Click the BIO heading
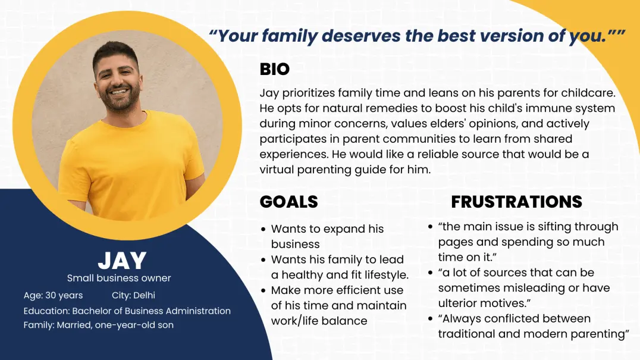pyautogui.click(x=275, y=69)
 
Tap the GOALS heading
pyautogui.click(x=289, y=202)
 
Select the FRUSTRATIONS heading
pyautogui.click(x=517, y=202)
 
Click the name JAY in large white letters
pyautogui.click(x=122, y=261)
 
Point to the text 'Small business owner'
pyautogui.click(x=119, y=278)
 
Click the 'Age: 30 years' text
pyautogui.click(x=53, y=295)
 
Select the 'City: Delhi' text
pyautogui.click(x=133, y=295)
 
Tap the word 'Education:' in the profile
pyautogui.click(x=46, y=311)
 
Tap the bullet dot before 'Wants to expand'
pyautogui.click(x=263, y=229)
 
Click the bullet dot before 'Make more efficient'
pyautogui.click(x=263, y=290)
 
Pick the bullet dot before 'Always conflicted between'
pyautogui.click(x=430, y=319)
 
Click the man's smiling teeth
pyautogui.click(x=119, y=92)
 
